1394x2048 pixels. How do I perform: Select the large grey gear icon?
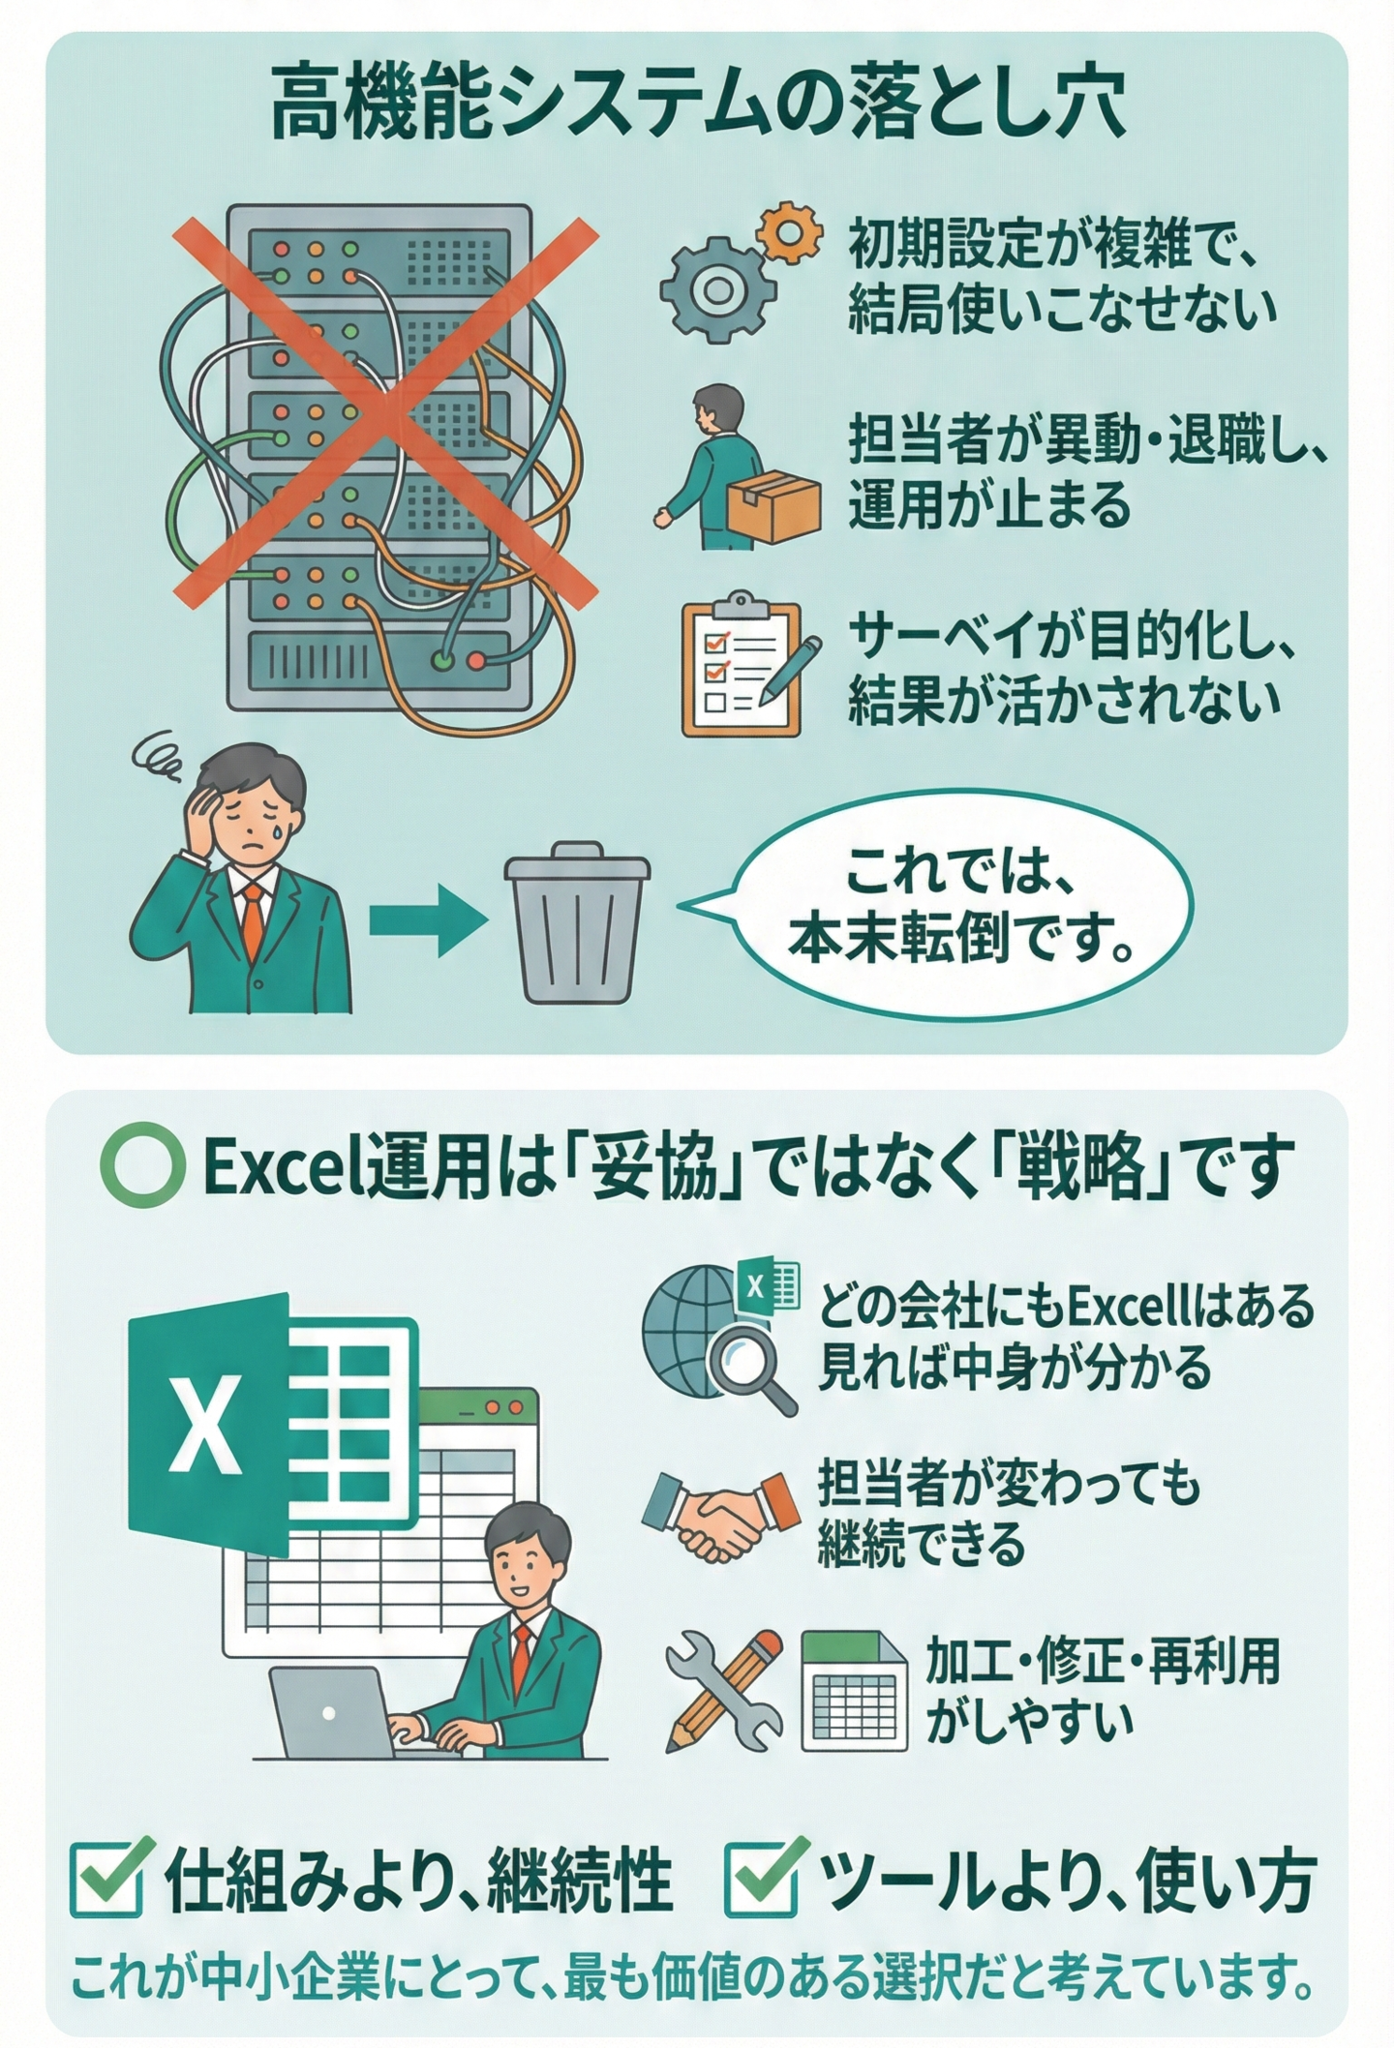click(x=718, y=288)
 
